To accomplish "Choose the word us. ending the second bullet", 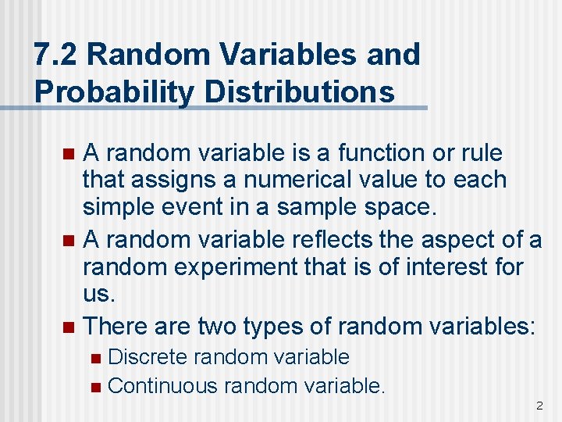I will pyautogui.click(x=100, y=294).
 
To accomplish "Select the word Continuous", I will pyautogui.click(x=163, y=385).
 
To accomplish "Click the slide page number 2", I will pyautogui.click(x=539, y=406).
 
